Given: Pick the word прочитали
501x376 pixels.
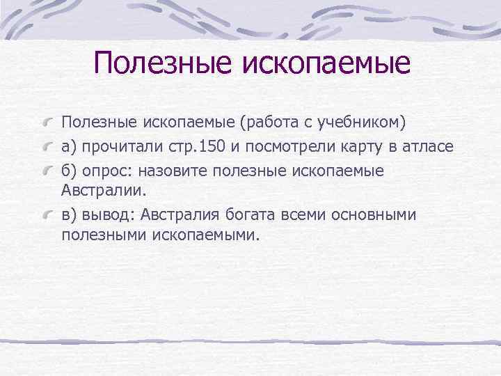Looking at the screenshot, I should [x=119, y=147].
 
